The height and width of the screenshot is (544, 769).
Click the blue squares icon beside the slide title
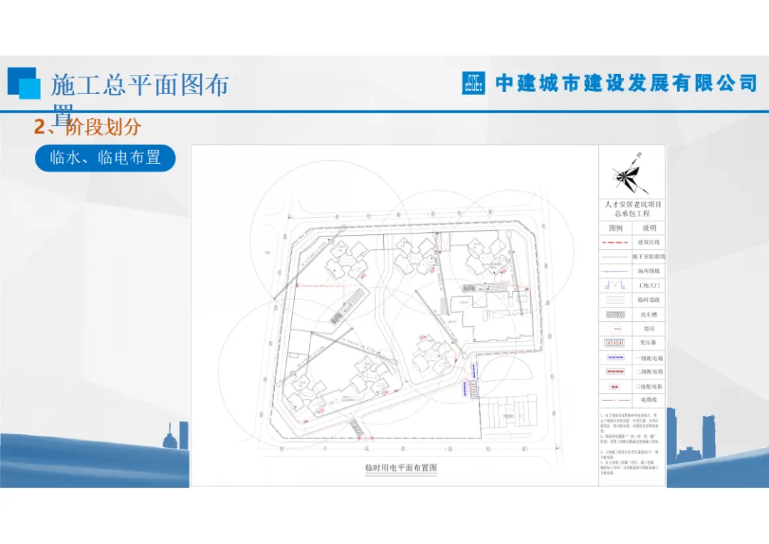coord(24,83)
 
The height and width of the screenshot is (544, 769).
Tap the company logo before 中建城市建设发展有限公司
coord(473,83)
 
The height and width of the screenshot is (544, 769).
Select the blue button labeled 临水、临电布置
coord(105,158)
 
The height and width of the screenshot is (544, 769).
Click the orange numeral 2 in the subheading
coord(40,127)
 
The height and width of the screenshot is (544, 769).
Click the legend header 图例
coord(615,229)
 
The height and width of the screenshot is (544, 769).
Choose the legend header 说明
coord(649,229)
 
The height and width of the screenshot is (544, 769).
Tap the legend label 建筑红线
coord(649,243)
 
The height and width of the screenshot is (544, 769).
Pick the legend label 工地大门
coord(649,286)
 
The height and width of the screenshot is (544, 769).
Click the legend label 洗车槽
coord(649,314)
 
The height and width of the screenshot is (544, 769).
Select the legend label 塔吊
coord(649,328)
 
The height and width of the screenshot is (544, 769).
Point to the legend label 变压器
coord(649,342)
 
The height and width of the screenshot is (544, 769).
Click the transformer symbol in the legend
coord(615,342)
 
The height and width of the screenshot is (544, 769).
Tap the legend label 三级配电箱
coord(649,385)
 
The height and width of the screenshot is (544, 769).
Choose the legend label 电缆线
coord(649,400)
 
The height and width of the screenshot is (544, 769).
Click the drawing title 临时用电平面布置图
coord(400,469)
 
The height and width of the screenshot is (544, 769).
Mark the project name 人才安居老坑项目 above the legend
coord(632,204)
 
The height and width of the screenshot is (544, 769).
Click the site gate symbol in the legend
coord(615,286)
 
